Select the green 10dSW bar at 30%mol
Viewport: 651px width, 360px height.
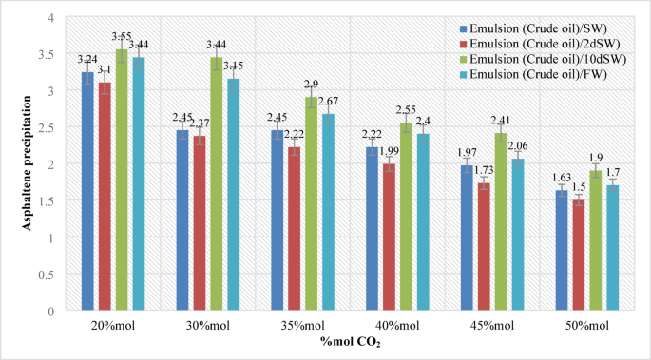pos(217,184)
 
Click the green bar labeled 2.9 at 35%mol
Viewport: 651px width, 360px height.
pos(311,204)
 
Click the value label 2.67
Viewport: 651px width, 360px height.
pos(330,102)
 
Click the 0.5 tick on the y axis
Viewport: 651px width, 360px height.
pos(49,274)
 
